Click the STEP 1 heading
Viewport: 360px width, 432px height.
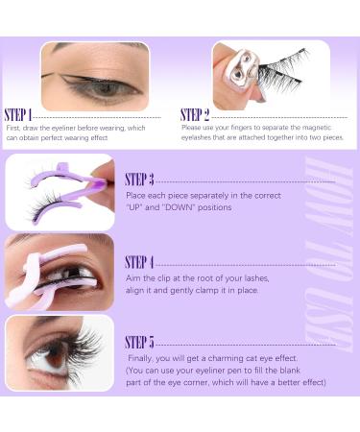pyautogui.click(x=18, y=115)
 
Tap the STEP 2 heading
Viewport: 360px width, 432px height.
pyautogui.click(x=195, y=115)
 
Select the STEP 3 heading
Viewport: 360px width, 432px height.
pyautogui.click(x=139, y=180)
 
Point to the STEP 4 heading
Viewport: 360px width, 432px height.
pyautogui.click(x=139, y=262)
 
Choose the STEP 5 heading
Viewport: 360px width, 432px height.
pyautogui.click(x=139, y=343)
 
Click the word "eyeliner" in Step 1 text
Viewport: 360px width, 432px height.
pyautogui.click(x=63, y=128)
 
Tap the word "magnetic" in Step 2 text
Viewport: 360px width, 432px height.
pyautogui.click(x=317, y=128)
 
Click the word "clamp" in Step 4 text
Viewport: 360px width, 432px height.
pyautogui.click(x=200, y=291)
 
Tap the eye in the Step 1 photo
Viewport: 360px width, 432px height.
pyautogui.click(x=104, y=87)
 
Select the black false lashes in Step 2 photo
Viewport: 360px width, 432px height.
pyautogui.click(x=281, y=72)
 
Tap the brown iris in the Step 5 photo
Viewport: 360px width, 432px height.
pyautogui.click(x=55, y=356)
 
